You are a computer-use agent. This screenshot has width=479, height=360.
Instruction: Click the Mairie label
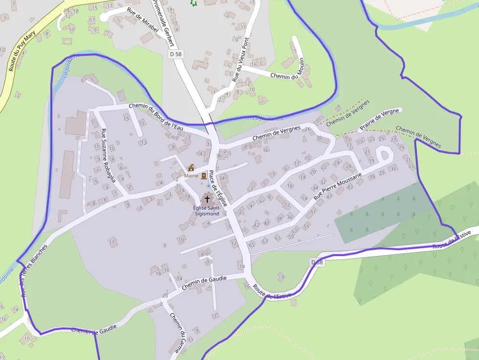(191, 175)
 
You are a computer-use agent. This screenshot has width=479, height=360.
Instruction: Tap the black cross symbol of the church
(207, 199)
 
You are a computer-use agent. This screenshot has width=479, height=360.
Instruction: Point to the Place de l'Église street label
(218, 188)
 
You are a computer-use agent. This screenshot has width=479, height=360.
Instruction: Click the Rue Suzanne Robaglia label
(108, 155)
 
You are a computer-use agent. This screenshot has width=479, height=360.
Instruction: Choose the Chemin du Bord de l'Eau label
(155, 116)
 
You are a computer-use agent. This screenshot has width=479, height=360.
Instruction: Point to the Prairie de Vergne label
(379, 120)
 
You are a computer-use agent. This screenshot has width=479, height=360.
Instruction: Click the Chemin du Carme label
(178, 332)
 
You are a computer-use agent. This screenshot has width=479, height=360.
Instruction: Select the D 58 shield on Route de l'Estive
(317, 263)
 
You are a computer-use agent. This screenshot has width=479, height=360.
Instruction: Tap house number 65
(252, 244)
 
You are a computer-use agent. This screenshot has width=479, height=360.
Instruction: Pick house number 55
(306, 226)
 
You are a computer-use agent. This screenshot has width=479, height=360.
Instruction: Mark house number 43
(350, 187)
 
